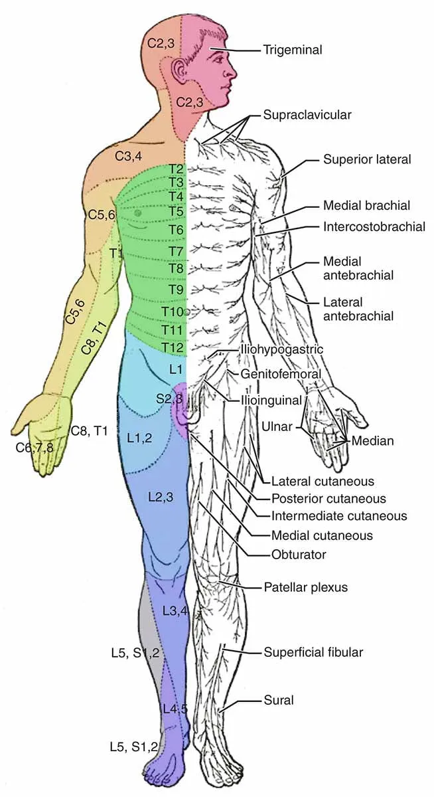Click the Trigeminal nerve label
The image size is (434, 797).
(x=292, y=50)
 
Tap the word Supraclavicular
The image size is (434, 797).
(x=307, y=115)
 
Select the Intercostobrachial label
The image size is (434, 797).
(x=374, y=226)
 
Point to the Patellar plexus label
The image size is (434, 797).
(x=305, y=587)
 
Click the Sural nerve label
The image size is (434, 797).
(x=278, y=699)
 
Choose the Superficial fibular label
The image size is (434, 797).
(x=313, y=652)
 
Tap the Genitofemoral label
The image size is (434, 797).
(x=281, y=375)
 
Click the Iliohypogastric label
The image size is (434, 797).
(x=281, y=349)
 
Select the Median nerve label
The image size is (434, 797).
(x=373, y=440)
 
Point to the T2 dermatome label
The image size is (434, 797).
(x=177, y=169)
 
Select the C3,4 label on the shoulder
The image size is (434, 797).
(x=129, y=157)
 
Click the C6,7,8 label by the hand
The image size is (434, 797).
(x=35, y=447)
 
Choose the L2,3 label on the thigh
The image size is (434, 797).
(x=161, y=497)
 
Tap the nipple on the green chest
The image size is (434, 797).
(x=137, y=213)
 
